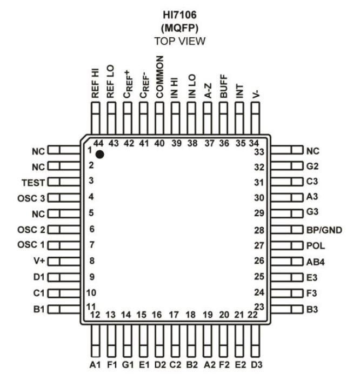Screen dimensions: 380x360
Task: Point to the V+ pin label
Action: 37,261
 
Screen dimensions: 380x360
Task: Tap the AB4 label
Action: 315,262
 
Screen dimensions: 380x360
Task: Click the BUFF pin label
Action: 223,85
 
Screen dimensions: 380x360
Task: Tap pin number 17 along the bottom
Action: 174,315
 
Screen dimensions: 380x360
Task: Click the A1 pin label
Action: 95,364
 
